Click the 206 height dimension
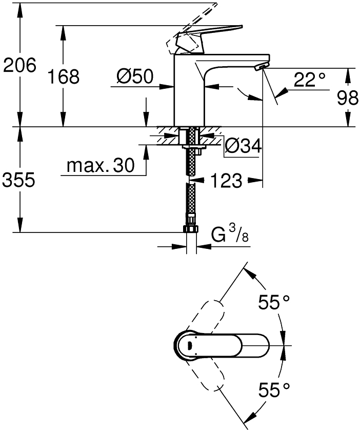coord(19,65)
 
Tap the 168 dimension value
coord(64,76)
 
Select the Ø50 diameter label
coord(134,76)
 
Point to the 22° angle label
coord(310,79)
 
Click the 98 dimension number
coord(347,97)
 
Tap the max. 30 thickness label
coord(101,165)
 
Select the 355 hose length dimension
coord(18,180)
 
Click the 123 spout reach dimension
coord(226,181)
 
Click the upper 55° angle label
coord(274,302)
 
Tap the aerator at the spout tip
coord(262,67)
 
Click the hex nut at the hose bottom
coord(191,229)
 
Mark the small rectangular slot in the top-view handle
coord(189,346)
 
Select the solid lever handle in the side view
coord(209,38)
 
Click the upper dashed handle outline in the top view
coord(205,316)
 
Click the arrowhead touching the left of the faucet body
coord(167,87)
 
